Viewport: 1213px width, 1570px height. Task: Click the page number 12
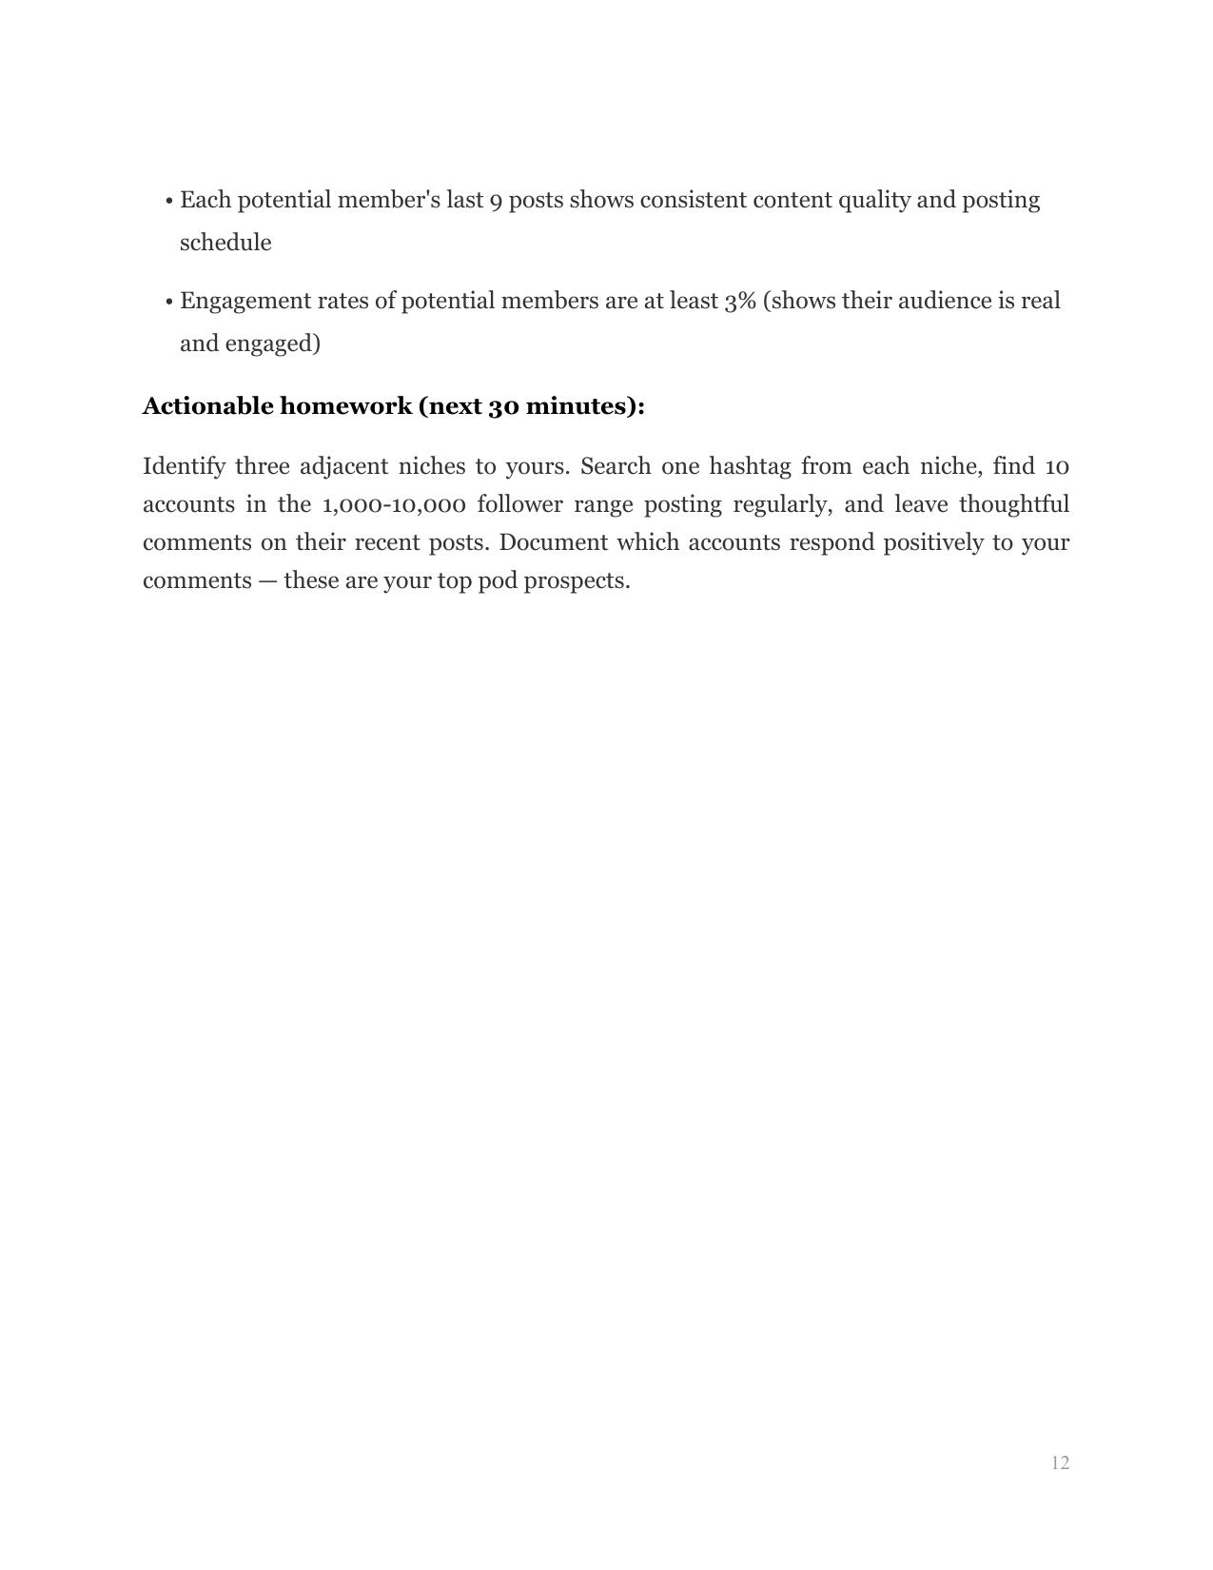point(1060,1462)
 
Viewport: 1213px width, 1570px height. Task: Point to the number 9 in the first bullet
point(495,202)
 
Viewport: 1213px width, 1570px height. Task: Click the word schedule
point(225,243)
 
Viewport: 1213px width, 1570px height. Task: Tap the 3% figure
point(739,301)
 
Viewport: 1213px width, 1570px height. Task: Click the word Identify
point(184,467)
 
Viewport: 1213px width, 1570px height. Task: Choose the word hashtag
point(749,466)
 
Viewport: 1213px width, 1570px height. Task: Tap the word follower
point(519,504)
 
